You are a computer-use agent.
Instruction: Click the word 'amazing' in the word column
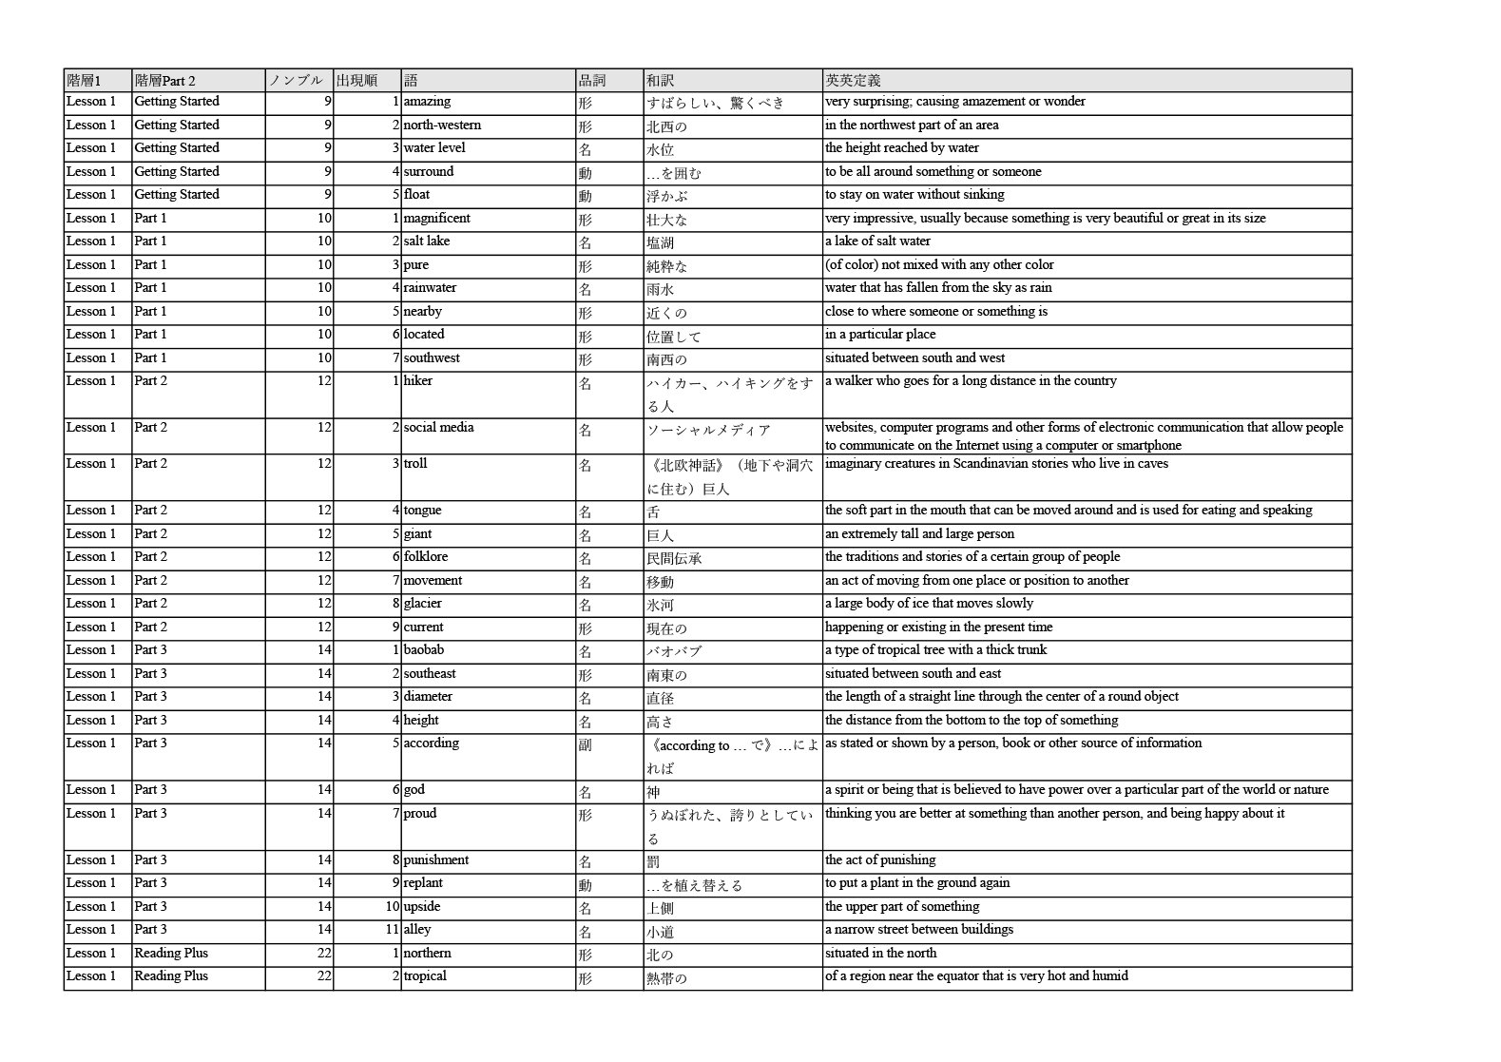(x=427, y=102)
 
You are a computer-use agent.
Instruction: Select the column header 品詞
(x=591, y=81)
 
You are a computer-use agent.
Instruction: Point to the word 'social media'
(x=438, y=428)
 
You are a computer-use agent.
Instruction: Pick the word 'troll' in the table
(x=415, y=464)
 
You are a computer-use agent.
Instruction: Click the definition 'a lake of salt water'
(x=877, y=241)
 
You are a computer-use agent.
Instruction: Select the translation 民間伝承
(x=674, y=558)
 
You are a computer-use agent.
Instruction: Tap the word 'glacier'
(x=422, y=604)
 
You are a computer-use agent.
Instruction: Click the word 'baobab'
(x=423, y=650)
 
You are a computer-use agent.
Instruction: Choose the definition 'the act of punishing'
(x=880, y=860)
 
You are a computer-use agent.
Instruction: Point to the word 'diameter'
(x=428, y=697)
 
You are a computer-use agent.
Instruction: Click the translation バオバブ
(x=674, y=651)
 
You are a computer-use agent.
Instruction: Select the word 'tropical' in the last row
(x=425, y=976)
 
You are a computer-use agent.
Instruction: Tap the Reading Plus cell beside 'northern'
(x=171, y=954)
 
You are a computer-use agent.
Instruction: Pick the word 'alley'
(x=417, y=930)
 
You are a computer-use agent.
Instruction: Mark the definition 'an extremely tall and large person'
(x=919, y=534)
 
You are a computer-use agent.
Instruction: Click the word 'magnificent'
(x=436, y=219)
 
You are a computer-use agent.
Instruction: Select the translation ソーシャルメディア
(x=708, y=430)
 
